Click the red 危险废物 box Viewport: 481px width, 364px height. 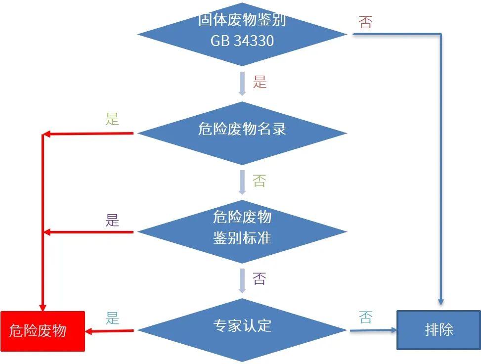click(x=43, y=330)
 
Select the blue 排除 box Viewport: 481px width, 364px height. click(x=438, y=330)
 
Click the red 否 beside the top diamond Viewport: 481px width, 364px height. click(x=365, y=22)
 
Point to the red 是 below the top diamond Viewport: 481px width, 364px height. click(x=260, y=82)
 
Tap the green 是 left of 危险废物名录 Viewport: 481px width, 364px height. click(x=113, y=119)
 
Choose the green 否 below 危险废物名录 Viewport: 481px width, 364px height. click(x=260, y=181)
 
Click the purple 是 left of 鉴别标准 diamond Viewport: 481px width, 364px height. click(x=113, y=220)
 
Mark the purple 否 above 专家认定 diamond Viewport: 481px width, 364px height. click(x=260, y=278)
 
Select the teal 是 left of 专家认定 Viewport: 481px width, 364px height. click(x=113, y=318)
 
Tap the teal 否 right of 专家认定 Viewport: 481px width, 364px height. click(x=365, y=318)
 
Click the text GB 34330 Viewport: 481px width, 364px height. click(x=242, y=41)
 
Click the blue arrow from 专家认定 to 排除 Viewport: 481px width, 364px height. click(x=373, y=330)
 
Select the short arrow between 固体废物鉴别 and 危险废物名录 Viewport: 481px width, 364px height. click(x=242, y=83)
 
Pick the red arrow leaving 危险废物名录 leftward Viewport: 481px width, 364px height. click(x=89, y=134)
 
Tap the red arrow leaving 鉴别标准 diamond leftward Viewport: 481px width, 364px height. click(x=89, y=232)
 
